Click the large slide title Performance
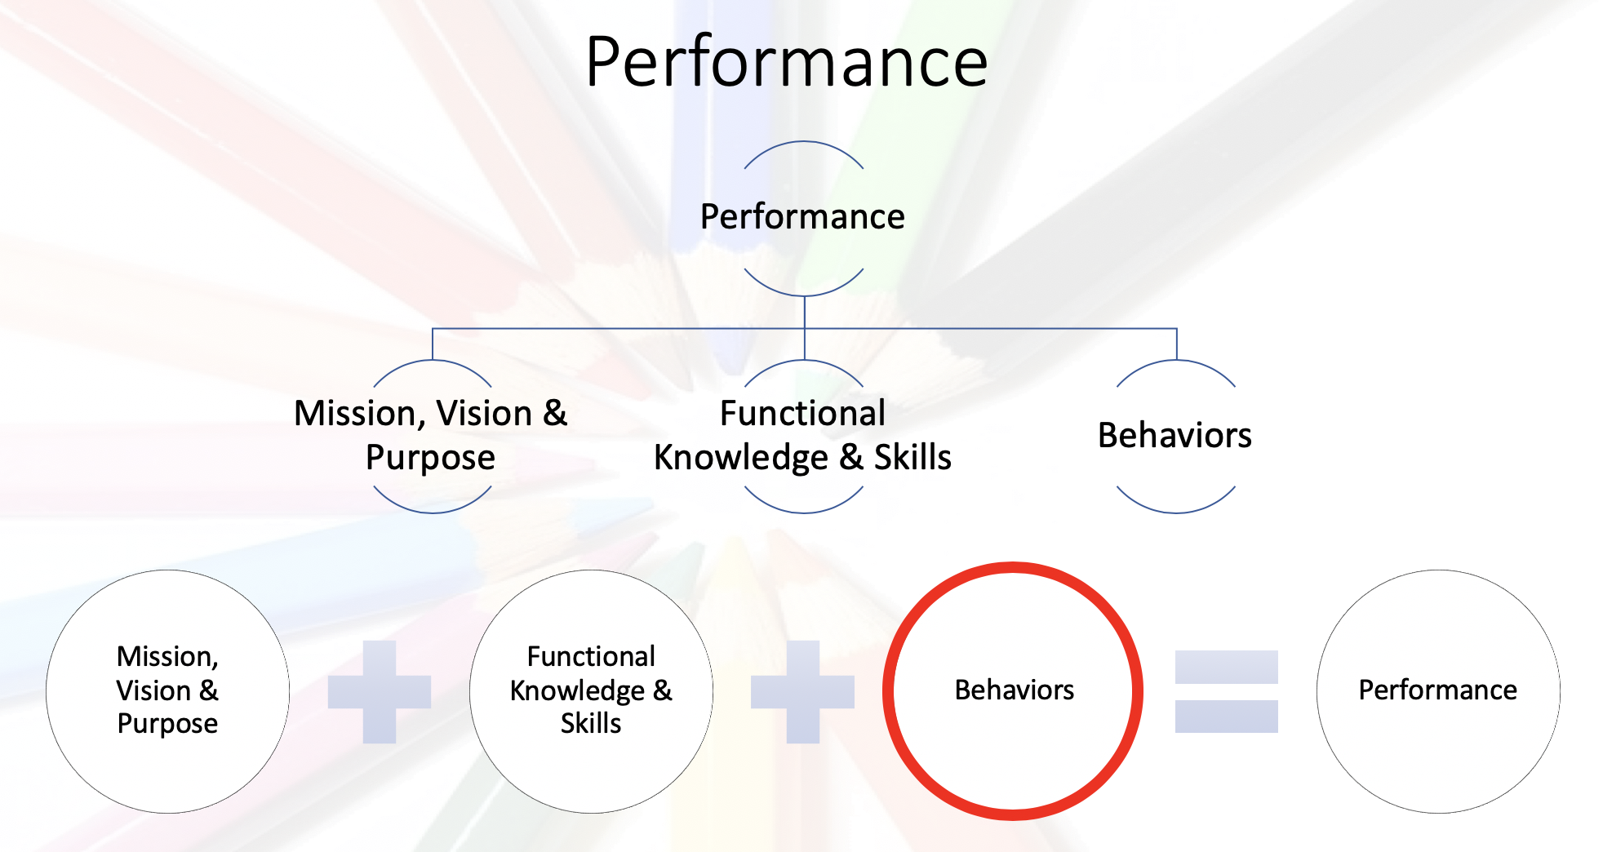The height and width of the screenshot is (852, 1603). tap(787, 62)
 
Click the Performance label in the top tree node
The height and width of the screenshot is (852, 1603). tap(802, 216)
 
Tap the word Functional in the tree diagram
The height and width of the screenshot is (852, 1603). tap(802, 413)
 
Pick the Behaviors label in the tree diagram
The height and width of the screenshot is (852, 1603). tap(1174, 435)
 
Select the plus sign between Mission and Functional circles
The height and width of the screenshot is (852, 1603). tap(380, 692)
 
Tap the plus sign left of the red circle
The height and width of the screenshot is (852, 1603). tap(802, 692)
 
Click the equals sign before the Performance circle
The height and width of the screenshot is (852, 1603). tap(1226, 691)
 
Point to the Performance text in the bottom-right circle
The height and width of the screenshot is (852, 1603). tap(1437, 690)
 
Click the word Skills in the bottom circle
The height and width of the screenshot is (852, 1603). tap(591, 723)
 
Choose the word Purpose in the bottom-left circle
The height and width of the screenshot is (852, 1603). tap(167, 724)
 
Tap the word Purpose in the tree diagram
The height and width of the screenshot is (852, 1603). tap(430, 458)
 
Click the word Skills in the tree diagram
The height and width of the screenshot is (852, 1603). tap(913, 457)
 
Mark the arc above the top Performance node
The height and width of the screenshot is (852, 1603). tap(803, 142)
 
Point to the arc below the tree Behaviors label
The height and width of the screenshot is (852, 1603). tap(1175, 512)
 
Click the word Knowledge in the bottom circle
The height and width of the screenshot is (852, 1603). tap(577, 691)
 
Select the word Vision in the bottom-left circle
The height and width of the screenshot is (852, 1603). tap(153, 690)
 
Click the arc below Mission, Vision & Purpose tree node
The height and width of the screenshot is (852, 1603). tap(433, 512)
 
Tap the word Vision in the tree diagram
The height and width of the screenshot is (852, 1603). tap(484, 413)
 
